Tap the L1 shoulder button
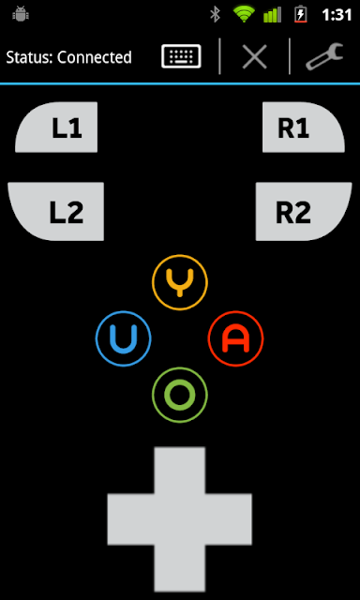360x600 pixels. coord(56,127)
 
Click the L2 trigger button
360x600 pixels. coord(56,211)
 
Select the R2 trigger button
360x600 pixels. coord(304,211)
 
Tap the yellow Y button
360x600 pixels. coord(180,282)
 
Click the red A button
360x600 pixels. coord(235,338)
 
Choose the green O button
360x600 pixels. coord(180,395)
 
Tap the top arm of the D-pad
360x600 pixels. coord(180,470)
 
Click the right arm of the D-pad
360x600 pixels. coord(229,519)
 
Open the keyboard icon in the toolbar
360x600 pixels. coord(181,56)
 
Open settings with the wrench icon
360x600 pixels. coord(324,56)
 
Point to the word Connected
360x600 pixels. coord(95,57)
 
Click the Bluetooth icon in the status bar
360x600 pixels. coord(216,15)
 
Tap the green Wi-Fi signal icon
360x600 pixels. coord(244,14)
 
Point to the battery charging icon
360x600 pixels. coord(301,15)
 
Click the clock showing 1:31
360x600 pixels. coord(337,15)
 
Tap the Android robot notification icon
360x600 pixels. coord(21,15)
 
